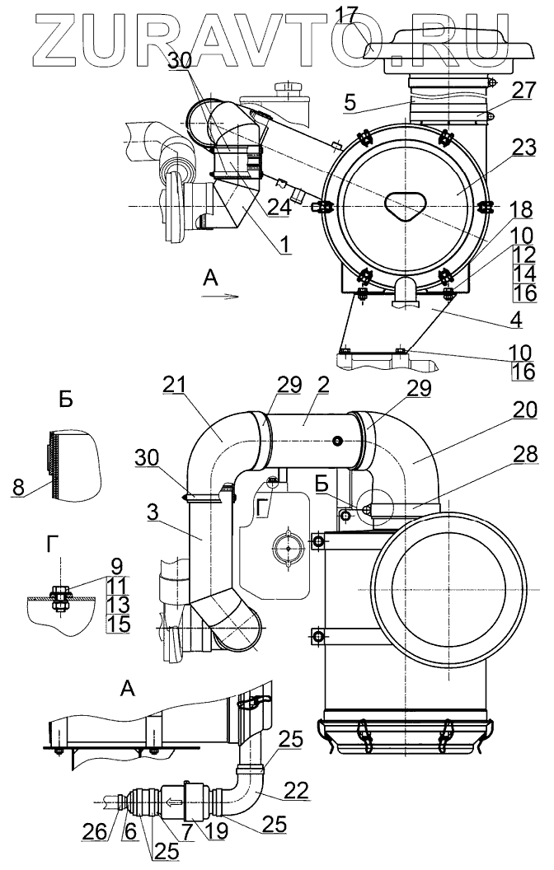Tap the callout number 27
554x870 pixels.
click(523, 90)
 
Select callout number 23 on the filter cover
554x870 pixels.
click(523, 147)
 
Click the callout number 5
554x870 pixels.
click(350, 103)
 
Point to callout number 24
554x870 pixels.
click(279, 208)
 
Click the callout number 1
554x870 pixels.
click(284, 242)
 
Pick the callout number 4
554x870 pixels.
click(516, 320)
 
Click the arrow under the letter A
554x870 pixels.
click(220, 297)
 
